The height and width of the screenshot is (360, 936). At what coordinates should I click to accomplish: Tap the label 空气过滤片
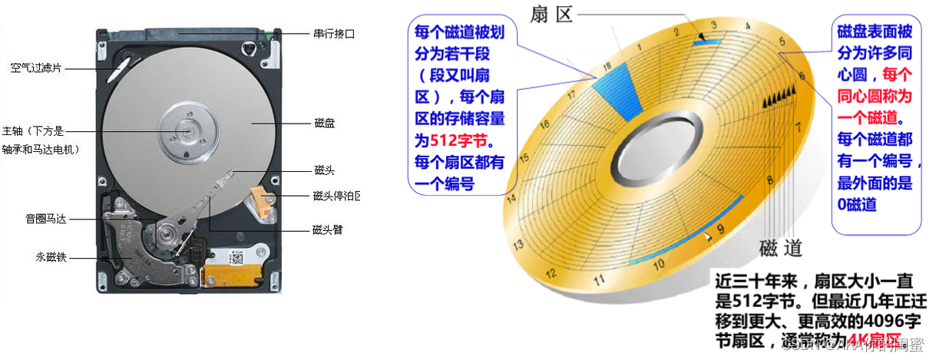(x=35, y=68)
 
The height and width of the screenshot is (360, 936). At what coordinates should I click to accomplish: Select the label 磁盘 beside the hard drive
(x=324, y=123)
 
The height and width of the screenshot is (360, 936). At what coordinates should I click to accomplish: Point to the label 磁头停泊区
(x=336, y=196)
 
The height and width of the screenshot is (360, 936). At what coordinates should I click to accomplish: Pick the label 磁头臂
(x=328, y=230)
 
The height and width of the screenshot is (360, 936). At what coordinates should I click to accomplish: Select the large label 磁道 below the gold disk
(x=780, y=247)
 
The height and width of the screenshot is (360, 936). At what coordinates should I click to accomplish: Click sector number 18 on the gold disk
(x=607, y=68)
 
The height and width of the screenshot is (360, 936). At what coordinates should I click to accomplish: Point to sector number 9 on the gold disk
(x=719, y=229)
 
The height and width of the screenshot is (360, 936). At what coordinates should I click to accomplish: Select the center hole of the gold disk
(x=658, y=146)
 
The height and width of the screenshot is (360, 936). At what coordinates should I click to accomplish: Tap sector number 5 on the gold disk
(x=782, y=42)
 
